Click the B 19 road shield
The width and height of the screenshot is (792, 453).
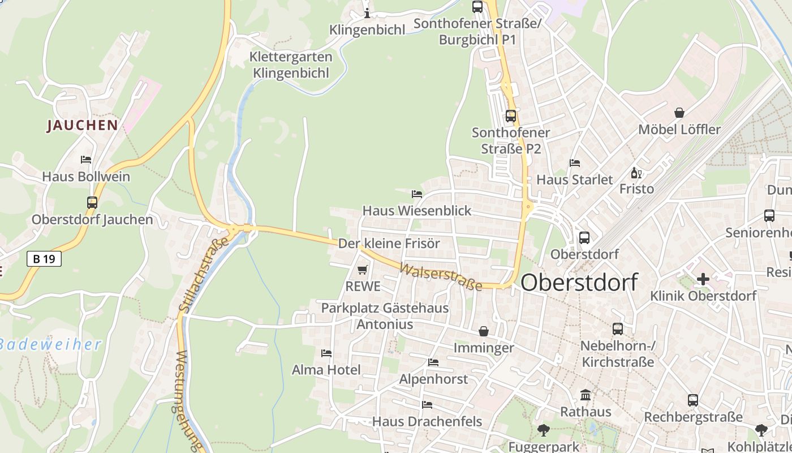pos(44,259)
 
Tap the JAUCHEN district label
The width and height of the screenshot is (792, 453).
pos(83,125)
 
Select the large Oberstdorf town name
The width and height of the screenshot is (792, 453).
pos(579,282)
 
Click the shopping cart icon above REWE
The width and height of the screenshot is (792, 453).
pos(363,270)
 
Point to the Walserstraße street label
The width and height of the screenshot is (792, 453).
pos(441,276)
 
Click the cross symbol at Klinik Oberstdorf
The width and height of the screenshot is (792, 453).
pos(703,279)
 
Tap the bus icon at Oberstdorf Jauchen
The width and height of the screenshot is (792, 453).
pos(92,202)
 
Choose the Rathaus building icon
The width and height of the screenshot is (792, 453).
pos(586,395)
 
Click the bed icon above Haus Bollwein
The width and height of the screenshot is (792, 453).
pos(86,160)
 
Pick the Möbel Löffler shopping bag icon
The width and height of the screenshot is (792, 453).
pos(679,113)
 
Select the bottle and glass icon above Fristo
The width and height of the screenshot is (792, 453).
pos(636,173)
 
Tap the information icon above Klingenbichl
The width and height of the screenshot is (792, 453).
pos(367,13)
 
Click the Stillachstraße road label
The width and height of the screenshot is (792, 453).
pos(203,275)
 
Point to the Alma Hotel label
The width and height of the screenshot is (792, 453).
pos(326,370)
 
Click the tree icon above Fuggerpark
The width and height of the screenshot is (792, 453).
pos(543,430)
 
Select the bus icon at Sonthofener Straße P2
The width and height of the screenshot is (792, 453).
pos(511,116)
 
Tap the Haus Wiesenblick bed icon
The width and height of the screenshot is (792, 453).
pos(417,194)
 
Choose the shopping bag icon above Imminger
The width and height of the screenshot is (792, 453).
pos(484,331)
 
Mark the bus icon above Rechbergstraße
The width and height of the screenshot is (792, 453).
pos(693,400)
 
